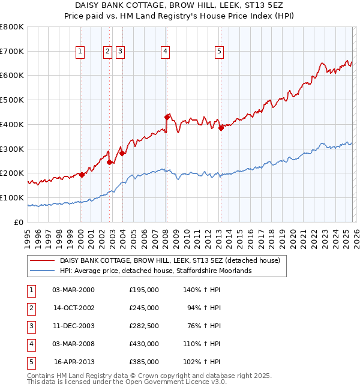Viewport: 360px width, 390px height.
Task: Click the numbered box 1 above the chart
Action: point(80,52)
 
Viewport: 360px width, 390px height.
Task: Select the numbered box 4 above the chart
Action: point(164,52)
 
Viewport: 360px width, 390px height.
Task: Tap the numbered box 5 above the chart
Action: point(219,52)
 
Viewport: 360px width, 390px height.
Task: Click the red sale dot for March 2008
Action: point(167,117)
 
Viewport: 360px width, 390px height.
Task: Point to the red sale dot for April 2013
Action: point(221,127)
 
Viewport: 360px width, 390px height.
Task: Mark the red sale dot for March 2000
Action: point(82,175)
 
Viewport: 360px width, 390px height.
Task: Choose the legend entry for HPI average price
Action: point(155,271)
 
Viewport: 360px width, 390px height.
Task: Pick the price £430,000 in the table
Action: point(144,345)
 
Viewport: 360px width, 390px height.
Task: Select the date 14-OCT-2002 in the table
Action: point(74,308)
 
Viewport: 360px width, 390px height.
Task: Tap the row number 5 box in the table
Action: point(29,362)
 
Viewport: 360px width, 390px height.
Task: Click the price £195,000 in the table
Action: point(144,290)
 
